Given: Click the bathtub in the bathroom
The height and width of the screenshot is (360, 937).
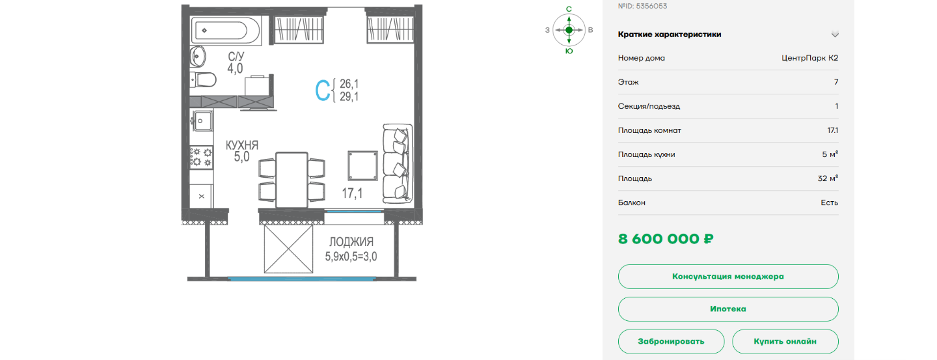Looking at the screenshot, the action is click(226, 31).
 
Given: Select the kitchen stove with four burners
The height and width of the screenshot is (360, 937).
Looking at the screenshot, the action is click(201, 158).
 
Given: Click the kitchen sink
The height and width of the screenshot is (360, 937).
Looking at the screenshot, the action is click(202, 120).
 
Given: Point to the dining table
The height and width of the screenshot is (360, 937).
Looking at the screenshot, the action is click(292, 180).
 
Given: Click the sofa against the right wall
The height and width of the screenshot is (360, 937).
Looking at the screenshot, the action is click(398, 163).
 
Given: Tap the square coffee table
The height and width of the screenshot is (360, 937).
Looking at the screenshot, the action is click(362, 166).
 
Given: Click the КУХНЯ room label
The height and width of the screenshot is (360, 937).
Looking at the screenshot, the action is click(242, 145).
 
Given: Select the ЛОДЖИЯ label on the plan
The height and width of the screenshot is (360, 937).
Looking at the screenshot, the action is click(351, 242).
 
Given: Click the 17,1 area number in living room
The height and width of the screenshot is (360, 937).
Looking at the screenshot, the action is click(352, 193).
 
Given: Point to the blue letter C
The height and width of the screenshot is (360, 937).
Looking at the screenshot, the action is click(322, 90).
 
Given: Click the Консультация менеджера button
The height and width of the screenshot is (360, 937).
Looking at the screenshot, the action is click(728, 276).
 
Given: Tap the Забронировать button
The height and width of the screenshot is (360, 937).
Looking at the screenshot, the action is click(671, 341).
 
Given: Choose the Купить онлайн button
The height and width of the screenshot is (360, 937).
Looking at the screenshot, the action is click(785, 341).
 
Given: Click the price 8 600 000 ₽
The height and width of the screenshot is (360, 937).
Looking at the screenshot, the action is click(666, 239).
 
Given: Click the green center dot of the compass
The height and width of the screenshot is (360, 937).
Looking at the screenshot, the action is click(569, 30).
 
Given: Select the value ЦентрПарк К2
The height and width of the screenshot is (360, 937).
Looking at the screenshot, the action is click(810, 58).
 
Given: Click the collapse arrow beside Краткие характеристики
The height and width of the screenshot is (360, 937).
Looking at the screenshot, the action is click(834, 35).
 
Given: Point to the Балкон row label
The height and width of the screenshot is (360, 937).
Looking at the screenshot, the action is click(632, 202).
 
